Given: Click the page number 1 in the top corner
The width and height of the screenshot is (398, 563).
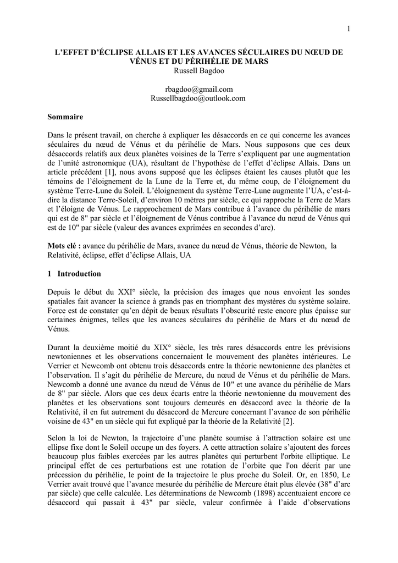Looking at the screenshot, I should coord(348,29).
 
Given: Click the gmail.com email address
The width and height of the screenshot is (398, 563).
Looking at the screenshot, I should coord(198,89).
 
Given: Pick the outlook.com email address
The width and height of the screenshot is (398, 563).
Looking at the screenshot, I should coord(198,98).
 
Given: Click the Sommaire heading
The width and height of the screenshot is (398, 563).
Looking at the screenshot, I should coord(65,117).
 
